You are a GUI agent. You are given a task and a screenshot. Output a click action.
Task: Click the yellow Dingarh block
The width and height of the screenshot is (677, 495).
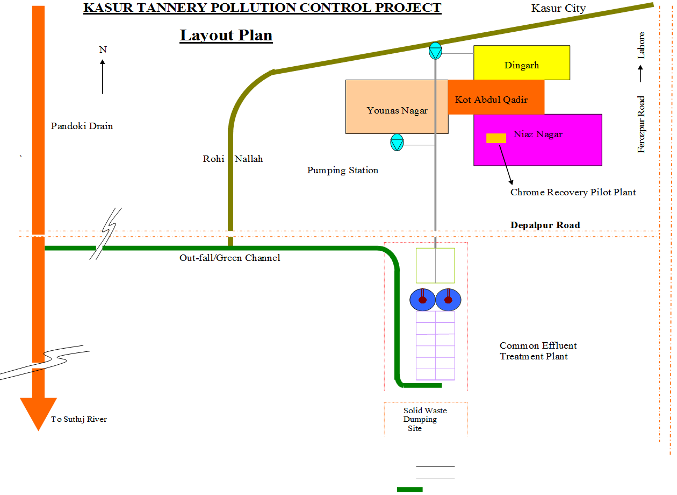(x=521, y=63)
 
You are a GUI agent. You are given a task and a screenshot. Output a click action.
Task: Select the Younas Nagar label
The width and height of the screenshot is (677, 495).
(x=397, y=110)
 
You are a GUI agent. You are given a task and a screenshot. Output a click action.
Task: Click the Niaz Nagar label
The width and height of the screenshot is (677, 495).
(x=538, y=134)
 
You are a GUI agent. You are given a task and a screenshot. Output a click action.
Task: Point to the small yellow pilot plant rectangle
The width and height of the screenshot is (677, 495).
(x=496, y=138)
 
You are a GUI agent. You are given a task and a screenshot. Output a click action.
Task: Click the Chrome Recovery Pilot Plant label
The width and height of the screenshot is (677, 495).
(x=573, y=192)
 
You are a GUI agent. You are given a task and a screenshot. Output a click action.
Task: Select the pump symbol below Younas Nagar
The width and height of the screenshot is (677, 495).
(x=397, y=143)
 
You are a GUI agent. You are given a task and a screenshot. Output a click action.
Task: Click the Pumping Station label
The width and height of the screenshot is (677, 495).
(x=343, y=170)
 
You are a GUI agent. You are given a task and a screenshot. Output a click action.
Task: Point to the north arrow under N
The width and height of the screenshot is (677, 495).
(x=103, y=76)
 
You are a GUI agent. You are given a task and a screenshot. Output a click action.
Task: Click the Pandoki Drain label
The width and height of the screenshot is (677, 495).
(x=82, y=126)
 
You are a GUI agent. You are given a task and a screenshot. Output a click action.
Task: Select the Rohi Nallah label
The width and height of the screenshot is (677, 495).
(x=233, y=159)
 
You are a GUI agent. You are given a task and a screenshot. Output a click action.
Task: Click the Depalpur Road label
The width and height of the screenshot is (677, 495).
(x=545, y=225)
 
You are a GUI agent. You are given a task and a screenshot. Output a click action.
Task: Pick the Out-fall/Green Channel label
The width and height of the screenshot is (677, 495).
(x=229, y=258)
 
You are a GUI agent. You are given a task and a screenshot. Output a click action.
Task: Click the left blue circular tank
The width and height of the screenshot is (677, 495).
(x=422, y=300)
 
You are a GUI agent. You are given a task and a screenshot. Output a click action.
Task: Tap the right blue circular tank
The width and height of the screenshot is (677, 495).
(x=448, y=300)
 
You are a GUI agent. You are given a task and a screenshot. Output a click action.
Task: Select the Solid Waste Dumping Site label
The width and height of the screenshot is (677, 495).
(x=424, y=419)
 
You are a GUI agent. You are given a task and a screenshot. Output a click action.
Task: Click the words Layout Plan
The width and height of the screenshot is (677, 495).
(x=226, y=36)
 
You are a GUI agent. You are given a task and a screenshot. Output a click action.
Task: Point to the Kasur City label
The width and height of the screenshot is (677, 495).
(x=558, y=8)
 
